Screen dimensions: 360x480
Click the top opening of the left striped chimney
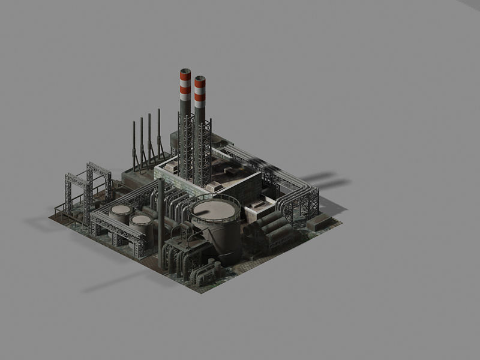[184, 71]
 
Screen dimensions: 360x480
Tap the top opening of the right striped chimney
[200, 78]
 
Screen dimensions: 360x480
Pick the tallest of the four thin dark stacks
[158, 129]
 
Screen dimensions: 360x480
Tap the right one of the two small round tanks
[141, 220]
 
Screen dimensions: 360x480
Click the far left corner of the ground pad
[50, 217]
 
